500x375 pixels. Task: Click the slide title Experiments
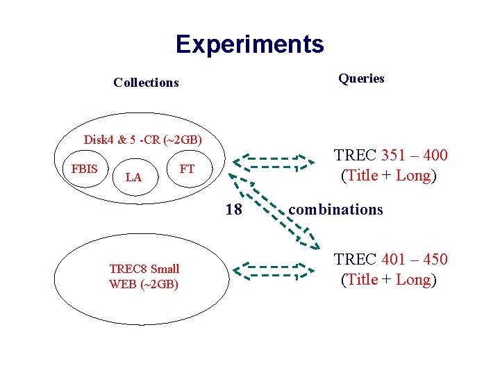249,44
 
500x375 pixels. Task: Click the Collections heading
146,83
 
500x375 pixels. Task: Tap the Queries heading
361,78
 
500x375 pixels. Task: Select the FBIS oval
84,169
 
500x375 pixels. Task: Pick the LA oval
133,178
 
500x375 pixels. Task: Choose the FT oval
187,169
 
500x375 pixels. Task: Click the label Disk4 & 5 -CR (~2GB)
142,139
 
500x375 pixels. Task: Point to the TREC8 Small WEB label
144,276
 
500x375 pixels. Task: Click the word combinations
335,209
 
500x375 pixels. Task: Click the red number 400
433,156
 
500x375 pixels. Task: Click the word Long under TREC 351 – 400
413,176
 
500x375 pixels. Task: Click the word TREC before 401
355,260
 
